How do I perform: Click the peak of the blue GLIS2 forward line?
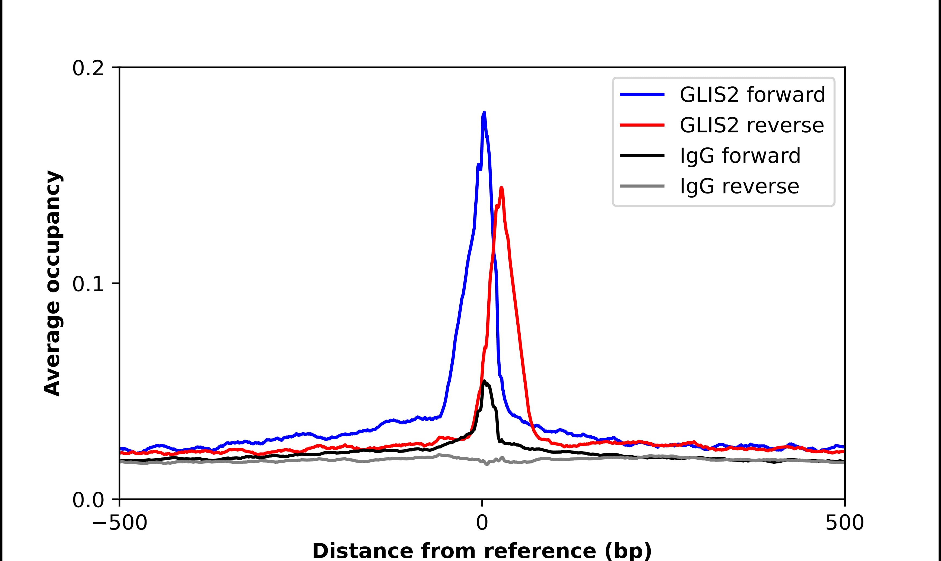484,113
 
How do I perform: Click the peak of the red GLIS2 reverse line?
501,188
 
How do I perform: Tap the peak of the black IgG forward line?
484,381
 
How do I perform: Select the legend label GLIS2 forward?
752,95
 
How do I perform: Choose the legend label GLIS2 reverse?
751,125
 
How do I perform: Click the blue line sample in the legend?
642,95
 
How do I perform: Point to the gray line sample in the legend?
642,186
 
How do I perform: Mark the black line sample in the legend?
642,155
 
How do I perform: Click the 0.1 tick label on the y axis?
88,284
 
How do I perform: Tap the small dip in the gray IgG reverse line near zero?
487,464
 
